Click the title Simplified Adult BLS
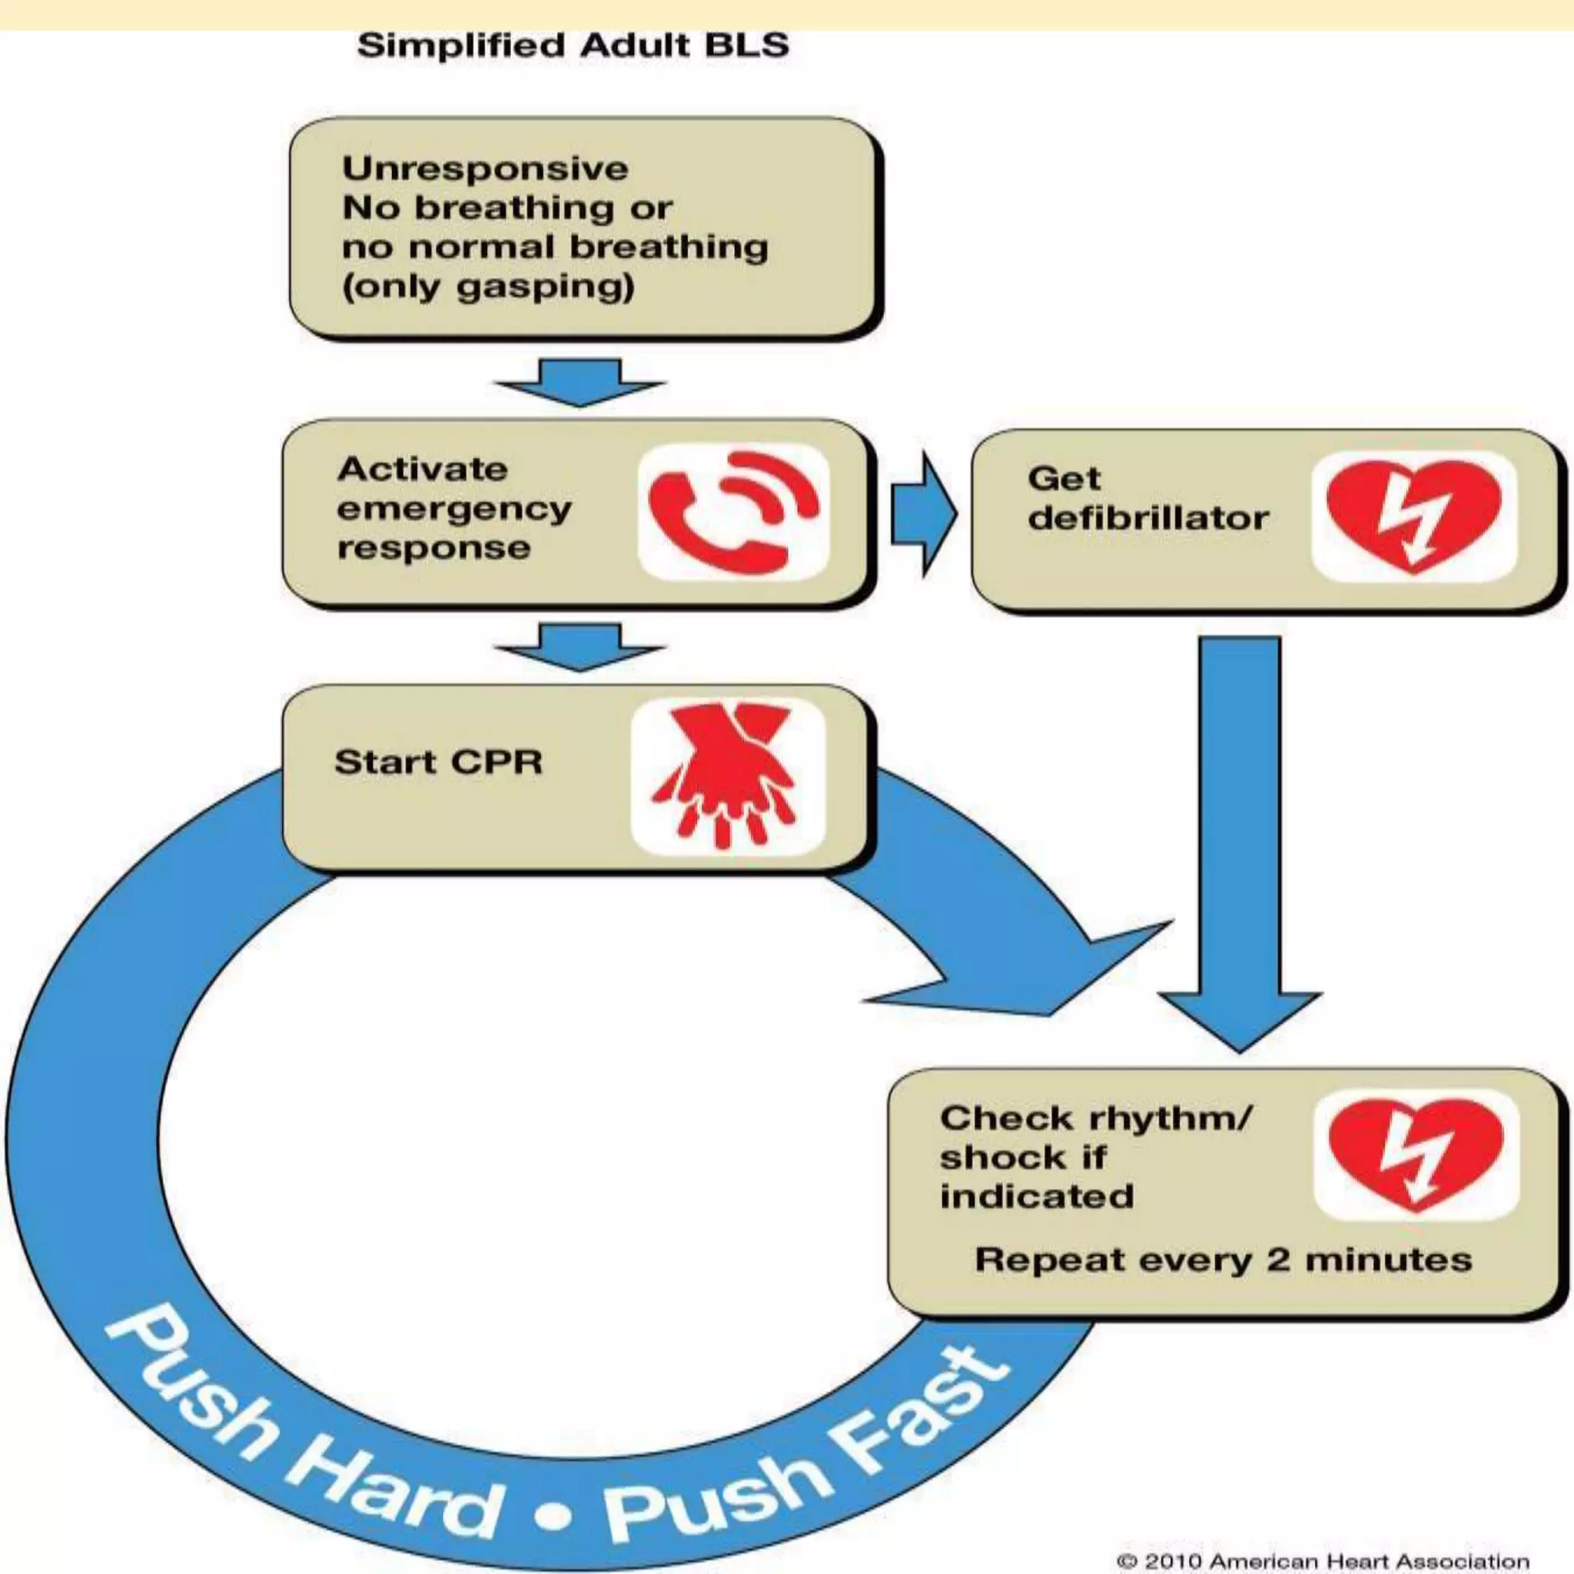click(x=573, y=45)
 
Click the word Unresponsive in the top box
click(x=485, y=168)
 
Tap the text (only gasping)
click(x=488, y=287)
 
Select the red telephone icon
click(x=732, y=511)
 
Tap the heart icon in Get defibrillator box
click(x=1413, y=516)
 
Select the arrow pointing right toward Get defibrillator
click(x=922, y=514)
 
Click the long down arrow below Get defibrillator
click(x=1239, y=839)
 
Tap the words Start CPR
click(x=438, y=762)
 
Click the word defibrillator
click(x=1148, y=518)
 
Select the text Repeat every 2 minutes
click(x=1223, y=1260)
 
